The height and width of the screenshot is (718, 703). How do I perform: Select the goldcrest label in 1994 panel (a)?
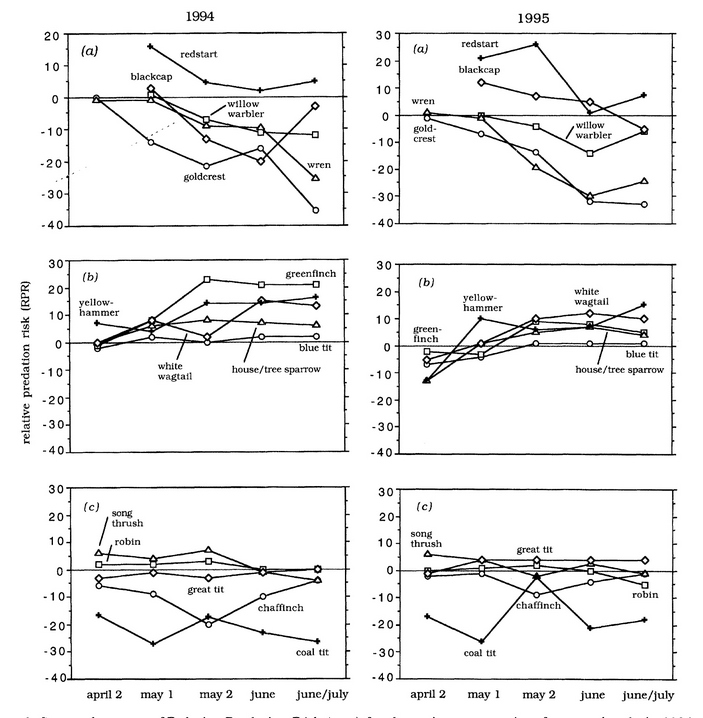click(203, 176)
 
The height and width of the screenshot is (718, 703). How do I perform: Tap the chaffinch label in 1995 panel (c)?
click(540, 605)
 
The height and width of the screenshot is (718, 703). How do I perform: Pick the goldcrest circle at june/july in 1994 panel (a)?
click(315, 210)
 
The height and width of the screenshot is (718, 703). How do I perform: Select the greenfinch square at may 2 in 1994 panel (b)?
click(206, 279)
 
